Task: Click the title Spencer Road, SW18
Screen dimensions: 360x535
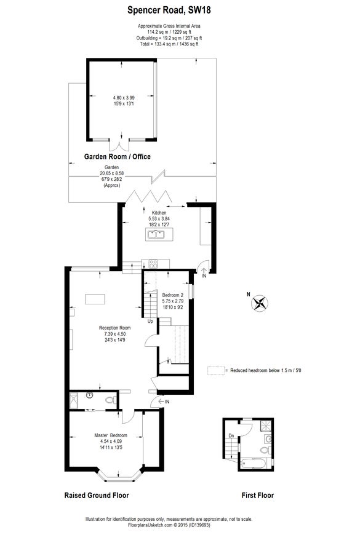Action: (169, 10)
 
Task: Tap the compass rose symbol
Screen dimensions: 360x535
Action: (260, 303)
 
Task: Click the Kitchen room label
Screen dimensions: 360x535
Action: (159, 213)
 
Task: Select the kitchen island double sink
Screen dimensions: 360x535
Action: (156, 234)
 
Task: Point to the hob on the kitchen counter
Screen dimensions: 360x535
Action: (153, 264)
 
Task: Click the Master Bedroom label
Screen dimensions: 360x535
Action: (111, 435)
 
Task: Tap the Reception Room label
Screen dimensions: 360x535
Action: (114, 328)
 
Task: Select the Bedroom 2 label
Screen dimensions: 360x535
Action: (173, 295)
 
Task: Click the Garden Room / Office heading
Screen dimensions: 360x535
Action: (117, 157)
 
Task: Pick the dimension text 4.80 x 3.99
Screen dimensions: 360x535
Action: (124, 98)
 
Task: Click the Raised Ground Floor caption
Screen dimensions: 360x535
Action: (97, 496)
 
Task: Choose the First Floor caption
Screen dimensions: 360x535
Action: (257, 496)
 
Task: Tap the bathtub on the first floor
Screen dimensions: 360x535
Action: (255, 464)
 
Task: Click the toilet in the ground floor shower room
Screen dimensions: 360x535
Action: (111, 400)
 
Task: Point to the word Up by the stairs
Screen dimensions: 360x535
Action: (150, 321)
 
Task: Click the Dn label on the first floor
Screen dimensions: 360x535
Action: (231, 436)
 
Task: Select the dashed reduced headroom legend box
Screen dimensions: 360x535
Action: (216, 371)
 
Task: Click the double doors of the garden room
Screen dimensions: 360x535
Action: (120, 145)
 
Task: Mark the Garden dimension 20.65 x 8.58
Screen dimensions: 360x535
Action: (111, 173)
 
